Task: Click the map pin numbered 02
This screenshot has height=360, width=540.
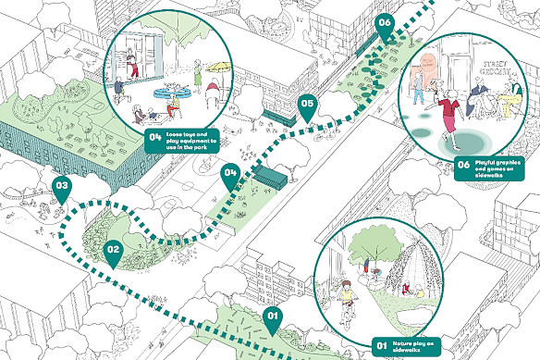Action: point(113,250)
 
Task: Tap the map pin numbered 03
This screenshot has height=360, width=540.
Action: point(62,188)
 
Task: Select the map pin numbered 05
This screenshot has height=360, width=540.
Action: point(308,107)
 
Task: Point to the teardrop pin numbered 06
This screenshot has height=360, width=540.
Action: point(386,25)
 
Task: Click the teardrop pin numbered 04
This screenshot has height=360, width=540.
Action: point(230,173)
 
